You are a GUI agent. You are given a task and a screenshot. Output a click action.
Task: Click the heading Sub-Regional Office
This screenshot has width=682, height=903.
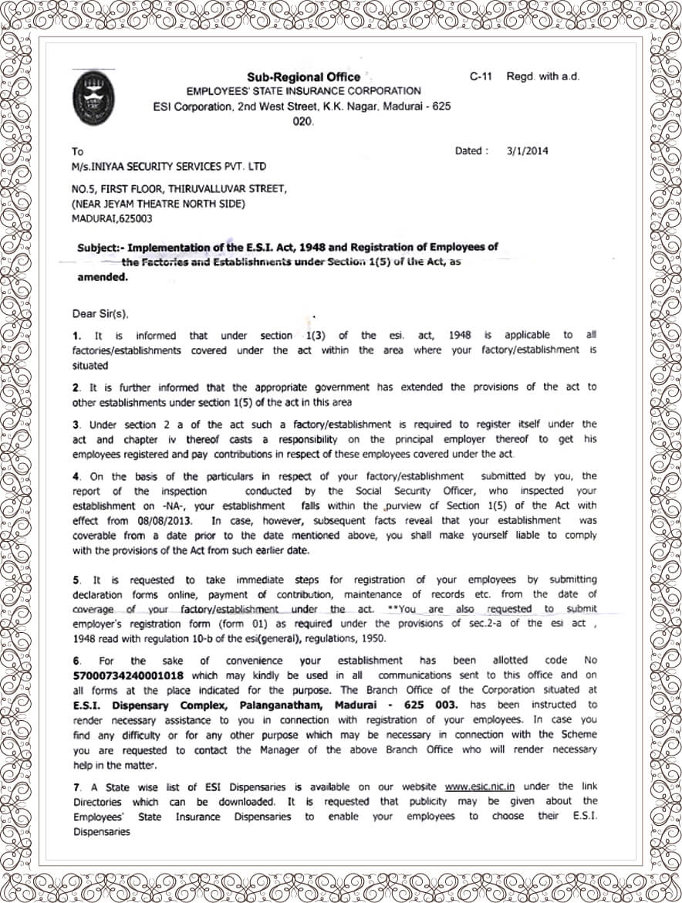click(303, 76)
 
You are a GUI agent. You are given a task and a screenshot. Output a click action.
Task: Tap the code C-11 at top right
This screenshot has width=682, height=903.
click(481, 76)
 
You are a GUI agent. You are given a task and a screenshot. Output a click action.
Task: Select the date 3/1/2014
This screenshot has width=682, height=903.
click(527, 151)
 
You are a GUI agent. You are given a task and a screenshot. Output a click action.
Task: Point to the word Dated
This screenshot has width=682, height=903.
click(471, 151)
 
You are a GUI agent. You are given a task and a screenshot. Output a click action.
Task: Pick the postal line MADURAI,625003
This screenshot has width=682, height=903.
click(112, 218)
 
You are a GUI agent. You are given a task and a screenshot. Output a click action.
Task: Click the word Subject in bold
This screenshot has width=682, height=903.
click(100, 248)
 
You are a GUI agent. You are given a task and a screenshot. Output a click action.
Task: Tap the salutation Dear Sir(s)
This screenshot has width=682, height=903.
click(101, 314)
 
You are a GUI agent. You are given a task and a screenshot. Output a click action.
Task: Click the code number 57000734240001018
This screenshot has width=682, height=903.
click(130, 675)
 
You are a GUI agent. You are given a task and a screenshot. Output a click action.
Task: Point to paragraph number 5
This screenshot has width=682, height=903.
click(76, 580)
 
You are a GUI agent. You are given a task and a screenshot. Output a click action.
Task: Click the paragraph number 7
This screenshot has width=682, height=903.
click(76, 787)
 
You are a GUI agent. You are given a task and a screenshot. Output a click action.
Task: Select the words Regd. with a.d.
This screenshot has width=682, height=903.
click(542, 76)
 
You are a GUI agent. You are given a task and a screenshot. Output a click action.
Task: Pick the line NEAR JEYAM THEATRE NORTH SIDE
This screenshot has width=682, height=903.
click(159, 204)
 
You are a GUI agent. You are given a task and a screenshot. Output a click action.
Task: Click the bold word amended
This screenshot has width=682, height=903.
click(102, 277)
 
